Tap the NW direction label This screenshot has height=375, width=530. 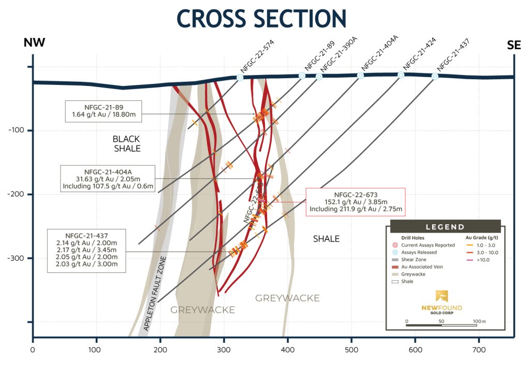34,44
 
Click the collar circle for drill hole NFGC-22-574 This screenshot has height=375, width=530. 240,78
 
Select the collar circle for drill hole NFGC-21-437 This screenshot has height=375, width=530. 435,77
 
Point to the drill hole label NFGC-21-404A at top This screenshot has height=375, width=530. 379,53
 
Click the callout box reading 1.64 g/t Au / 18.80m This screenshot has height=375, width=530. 97,110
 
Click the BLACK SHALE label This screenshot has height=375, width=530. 127,143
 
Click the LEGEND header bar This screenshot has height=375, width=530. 445,227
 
